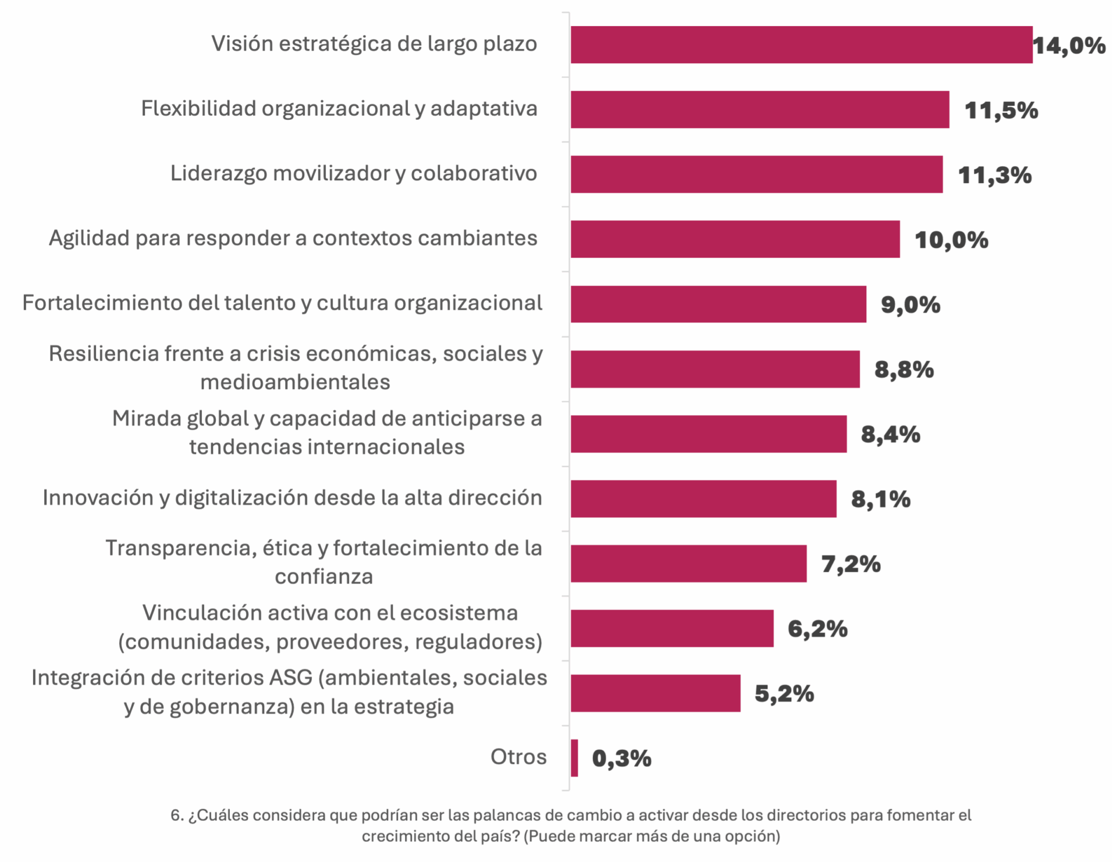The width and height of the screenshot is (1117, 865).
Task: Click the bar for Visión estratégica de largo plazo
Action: point(801,45)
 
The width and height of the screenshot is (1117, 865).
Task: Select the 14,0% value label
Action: point(1069,45)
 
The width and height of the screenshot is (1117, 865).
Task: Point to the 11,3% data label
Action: point(995,175)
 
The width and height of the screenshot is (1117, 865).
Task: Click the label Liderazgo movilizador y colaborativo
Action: point(353,173)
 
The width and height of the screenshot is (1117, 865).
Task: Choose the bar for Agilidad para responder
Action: point(735,239)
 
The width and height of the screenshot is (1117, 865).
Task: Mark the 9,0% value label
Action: point(910,305)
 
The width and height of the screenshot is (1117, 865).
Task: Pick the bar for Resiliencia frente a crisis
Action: point(715,369)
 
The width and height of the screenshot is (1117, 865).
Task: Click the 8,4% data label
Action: point(891,435)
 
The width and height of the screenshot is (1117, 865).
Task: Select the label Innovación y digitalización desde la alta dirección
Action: point(292,498)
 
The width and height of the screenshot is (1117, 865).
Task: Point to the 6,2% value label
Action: point(817,629)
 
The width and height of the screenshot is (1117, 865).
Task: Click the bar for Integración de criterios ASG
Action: point(655,693)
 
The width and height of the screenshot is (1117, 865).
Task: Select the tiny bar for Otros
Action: point(575,758)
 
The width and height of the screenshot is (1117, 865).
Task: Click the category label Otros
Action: point(518,757)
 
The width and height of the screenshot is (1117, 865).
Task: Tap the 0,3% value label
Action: point(621,759)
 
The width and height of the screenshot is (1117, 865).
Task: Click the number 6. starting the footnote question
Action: point(176,816)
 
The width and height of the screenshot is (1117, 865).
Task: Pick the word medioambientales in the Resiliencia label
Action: point(295,382)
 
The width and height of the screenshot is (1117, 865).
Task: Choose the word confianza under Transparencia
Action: point(323,576)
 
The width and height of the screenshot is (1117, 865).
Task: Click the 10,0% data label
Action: point(951,240)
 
